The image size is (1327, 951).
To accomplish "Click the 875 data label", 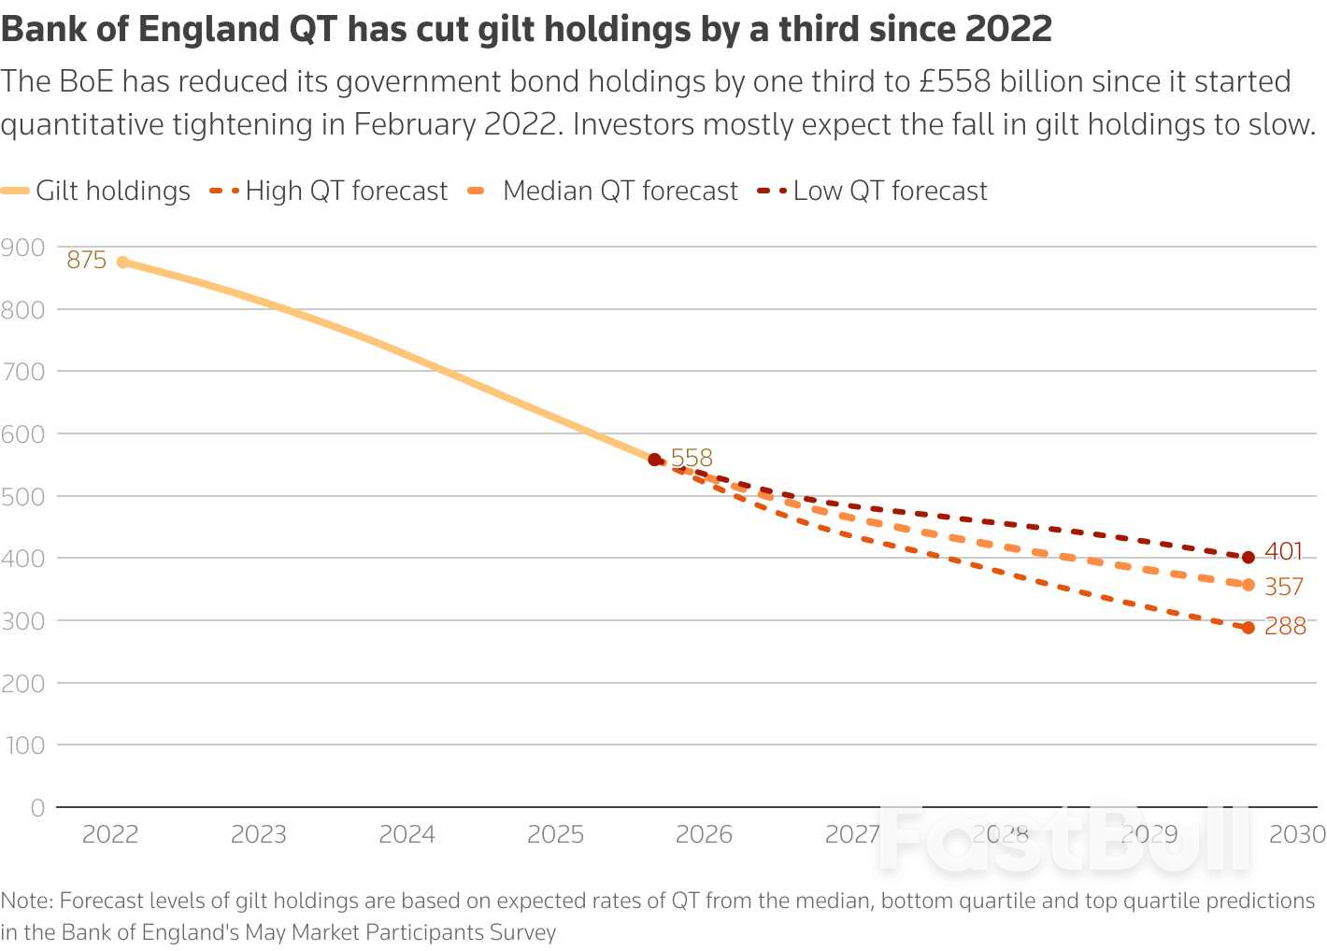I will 86,260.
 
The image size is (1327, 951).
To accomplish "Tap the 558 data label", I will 692,458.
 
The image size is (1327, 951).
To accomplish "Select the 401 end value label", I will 1283,552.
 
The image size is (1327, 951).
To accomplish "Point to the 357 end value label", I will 1283,587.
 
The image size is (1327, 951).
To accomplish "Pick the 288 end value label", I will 1285,626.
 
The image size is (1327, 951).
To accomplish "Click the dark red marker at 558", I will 654,460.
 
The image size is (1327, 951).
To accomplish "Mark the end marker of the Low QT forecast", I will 1249,558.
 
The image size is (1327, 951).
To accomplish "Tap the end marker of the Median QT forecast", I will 1249,585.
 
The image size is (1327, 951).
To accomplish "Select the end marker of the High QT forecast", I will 1249,628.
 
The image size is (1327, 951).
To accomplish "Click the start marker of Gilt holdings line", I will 123,263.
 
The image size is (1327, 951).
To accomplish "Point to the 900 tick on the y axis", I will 22,248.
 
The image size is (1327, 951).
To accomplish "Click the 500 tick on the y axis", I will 22,496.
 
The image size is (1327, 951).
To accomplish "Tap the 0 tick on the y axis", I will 37,807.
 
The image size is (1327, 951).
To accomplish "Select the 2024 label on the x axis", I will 407,834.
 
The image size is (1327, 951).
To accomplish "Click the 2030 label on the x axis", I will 1297,834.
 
